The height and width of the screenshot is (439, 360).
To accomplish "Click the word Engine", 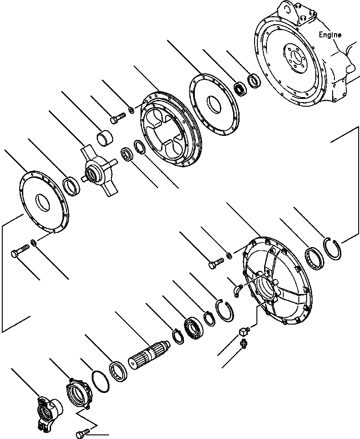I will point(329,35).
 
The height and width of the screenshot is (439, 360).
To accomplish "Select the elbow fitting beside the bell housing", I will point(237,290).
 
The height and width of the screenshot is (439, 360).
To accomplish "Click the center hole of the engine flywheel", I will point(297,58).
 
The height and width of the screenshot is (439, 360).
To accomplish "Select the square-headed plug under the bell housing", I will point(245,331).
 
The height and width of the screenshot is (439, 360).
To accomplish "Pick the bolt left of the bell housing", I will point(216,263).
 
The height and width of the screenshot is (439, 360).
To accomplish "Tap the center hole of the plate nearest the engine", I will point(213,101).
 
